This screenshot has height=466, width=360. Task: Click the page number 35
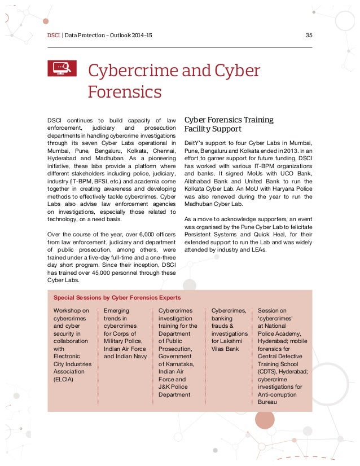pos(308,36)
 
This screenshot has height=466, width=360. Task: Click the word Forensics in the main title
pos(125,91)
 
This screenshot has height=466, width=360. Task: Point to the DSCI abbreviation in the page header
pos(54,36)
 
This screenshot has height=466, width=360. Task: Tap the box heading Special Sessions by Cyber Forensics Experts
pos(117,297)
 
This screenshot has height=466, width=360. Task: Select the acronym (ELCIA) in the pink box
pos(64,379)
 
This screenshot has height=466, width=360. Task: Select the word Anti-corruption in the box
pos(280,394)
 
